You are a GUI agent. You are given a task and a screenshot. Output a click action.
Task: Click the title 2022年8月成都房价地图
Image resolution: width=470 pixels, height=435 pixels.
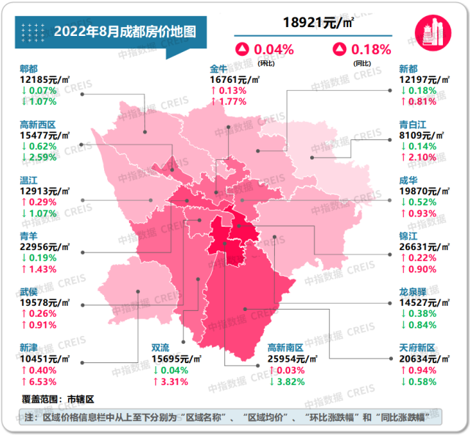pyautogui.click(x=125, y=32)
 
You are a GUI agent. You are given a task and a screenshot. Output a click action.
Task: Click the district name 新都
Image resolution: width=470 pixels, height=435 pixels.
pyautogui.click(x=408, y=68)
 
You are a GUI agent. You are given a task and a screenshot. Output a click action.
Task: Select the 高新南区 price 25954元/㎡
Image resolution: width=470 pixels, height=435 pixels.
pyautogui.click(x=292, y=359)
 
